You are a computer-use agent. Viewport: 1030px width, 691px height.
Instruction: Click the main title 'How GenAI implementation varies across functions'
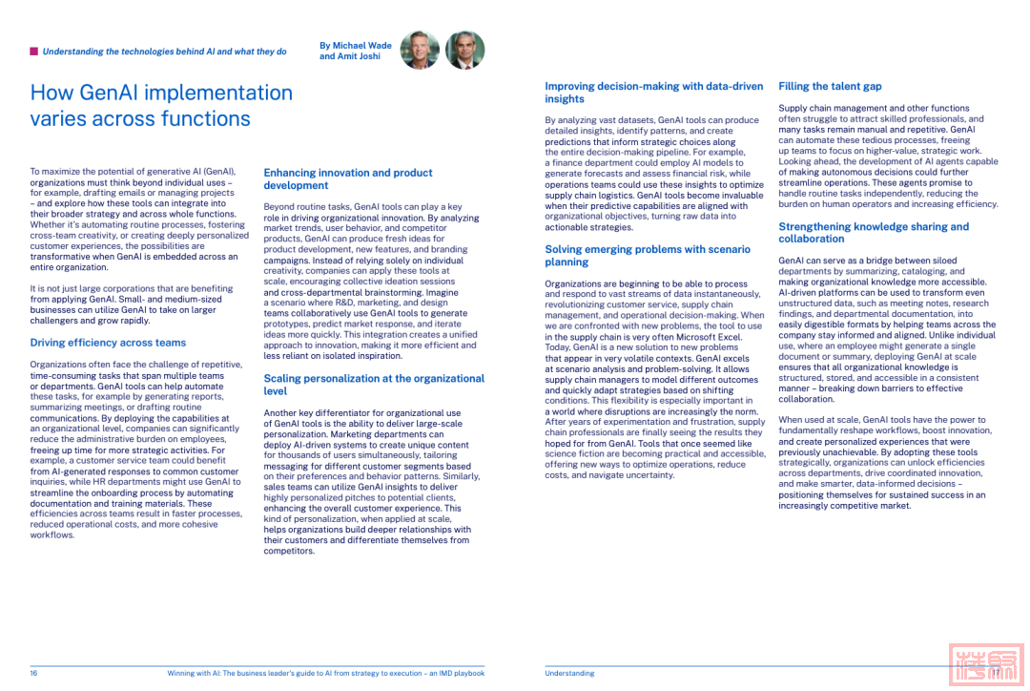click(x=161, y=106)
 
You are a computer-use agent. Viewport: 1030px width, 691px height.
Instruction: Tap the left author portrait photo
click(x=420, y=50)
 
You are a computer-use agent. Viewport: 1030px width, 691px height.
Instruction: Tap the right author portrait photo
click(x=465, y=50)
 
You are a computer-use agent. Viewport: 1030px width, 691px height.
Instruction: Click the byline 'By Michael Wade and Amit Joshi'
click(x=356, y=51)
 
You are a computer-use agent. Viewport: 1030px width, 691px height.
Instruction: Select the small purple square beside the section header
click(x=34, y=52)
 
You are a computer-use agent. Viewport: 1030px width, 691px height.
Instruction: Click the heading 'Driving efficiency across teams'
click(x=108, y=343)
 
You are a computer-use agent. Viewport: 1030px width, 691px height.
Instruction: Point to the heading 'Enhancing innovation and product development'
click(x=348, y=179)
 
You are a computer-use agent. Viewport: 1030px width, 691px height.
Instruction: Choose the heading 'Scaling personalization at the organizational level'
click(x=374, y=385)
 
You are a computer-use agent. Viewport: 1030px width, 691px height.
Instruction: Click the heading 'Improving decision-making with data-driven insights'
click(x=653, y=93)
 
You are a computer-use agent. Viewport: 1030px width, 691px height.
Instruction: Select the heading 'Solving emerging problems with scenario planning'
click(x=648, y=256)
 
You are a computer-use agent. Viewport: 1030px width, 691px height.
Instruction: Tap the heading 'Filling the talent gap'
click(x=830, y=86)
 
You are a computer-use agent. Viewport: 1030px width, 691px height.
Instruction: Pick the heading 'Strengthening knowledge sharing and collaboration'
click(x=874, y=233)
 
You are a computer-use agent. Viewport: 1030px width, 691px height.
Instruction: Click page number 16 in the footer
click(x=33, y=673)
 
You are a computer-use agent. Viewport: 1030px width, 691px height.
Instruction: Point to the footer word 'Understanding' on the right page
click(x=569, y=673)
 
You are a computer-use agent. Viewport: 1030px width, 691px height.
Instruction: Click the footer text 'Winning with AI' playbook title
click(x=325, y=673)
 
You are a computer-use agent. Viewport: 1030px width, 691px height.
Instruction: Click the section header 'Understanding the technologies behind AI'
click(x=164, y=52)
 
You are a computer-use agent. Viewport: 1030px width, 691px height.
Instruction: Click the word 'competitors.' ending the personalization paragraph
click(x=289, y=551)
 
